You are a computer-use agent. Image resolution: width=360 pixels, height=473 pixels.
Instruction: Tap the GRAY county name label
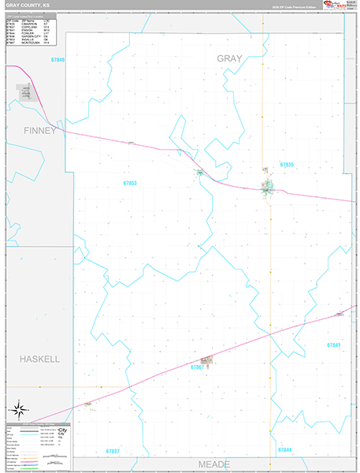point(230,59)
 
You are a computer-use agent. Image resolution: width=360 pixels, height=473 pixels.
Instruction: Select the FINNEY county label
point(40,130)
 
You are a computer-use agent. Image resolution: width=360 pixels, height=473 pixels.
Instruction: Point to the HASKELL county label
point(40,359)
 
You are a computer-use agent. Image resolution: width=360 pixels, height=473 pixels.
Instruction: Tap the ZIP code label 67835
point(286,165)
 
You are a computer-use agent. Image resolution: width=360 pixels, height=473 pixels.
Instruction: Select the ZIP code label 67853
point(130,183)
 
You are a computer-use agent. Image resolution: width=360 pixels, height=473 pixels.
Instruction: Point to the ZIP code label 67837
point(112,451)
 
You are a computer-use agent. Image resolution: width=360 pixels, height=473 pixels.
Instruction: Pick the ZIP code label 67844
point(284,449)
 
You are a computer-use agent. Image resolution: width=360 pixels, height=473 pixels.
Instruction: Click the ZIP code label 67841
point(334,345)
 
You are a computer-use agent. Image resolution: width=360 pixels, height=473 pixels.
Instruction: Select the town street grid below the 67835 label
point(269,188)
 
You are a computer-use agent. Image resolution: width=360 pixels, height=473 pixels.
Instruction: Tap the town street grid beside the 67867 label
point(206,359)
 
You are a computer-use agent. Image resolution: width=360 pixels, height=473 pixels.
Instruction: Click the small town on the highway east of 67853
point(200,172)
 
